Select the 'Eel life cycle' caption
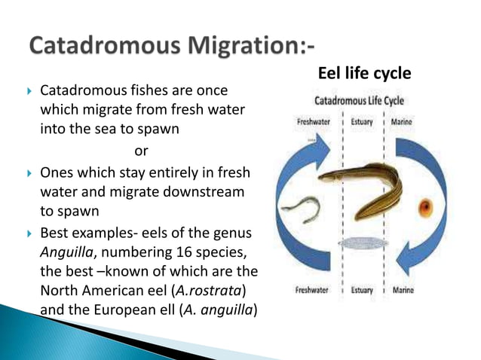362,74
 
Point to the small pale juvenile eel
301,209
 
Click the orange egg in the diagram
426,206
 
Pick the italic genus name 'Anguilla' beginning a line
66,251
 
